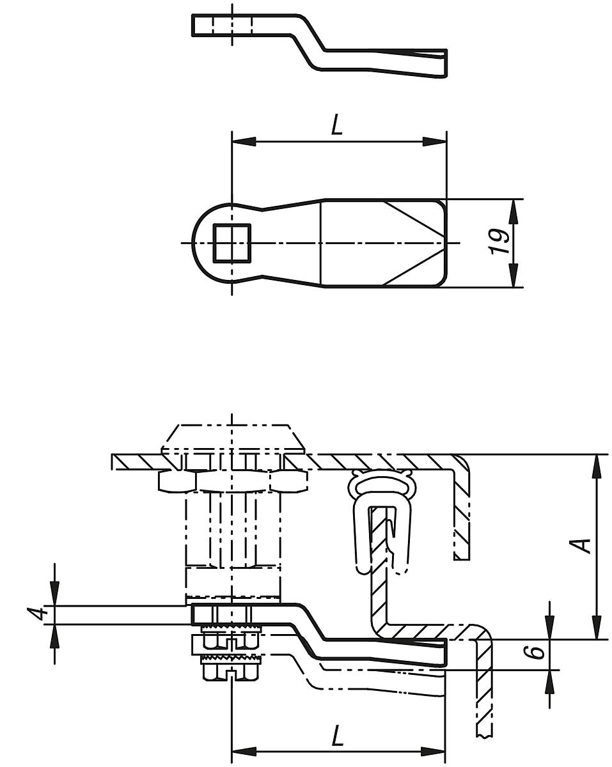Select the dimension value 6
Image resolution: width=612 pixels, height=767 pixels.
(537, 653)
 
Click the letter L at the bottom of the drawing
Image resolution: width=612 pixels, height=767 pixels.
(337, 736)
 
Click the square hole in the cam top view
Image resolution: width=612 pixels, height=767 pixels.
(233, 243)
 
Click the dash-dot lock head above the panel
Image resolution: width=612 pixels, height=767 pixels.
(231, 438)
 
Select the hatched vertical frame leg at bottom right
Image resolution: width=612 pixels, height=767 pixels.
(485, 684)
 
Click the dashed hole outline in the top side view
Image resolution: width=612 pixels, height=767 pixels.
(232, 24)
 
